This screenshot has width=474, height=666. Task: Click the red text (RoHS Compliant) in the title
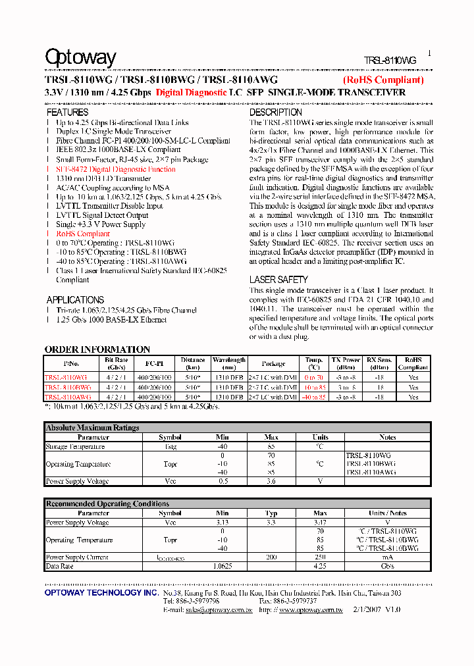383,80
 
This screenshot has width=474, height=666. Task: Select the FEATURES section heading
67,113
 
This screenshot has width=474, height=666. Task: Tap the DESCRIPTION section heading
275,113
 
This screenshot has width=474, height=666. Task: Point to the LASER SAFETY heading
278,280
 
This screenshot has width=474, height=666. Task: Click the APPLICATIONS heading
75,299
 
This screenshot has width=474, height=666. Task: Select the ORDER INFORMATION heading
97,349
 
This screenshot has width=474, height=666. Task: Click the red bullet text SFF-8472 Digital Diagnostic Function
116,169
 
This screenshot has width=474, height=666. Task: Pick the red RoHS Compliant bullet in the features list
83,234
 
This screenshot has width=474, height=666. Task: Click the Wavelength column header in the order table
228,363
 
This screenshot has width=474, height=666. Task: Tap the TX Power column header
346,363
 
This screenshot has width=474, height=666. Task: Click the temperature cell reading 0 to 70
314,378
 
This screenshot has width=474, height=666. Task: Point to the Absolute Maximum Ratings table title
92,428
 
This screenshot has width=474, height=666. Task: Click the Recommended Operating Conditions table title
107,504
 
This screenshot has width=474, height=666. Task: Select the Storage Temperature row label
75,447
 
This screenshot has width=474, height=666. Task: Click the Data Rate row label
59,566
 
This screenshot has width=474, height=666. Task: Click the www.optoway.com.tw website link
310,610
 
